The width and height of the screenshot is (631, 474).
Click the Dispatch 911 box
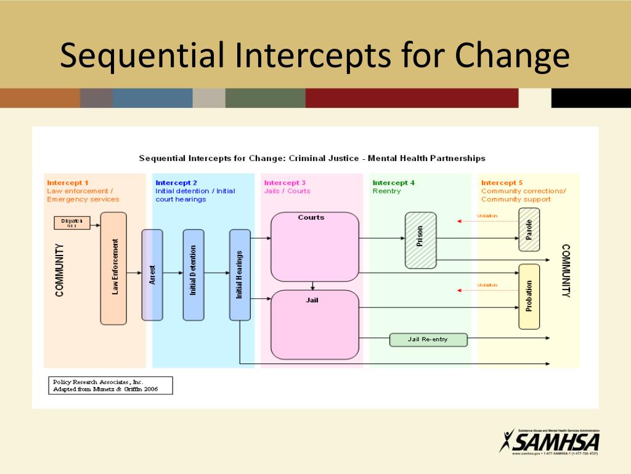point(72,223)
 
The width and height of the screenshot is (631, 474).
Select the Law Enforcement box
point(113,268)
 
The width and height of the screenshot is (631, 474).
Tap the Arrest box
point(152,275)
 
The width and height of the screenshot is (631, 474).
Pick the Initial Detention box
point(193,275)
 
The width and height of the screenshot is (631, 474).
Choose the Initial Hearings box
point(240,275)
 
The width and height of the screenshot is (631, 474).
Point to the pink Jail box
point(314,325)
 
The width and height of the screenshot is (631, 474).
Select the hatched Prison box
point(420,241)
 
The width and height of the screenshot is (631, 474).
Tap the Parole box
point(529,230)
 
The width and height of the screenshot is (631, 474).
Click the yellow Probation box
point(529,296)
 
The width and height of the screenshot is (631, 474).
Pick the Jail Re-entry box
point(428,339)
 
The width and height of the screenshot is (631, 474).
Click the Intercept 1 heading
point(68,183)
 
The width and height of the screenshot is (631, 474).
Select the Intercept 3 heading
point(285,183)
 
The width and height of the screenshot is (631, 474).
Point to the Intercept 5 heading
point(502,183)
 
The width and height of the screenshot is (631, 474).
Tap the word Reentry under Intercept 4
point(386,191)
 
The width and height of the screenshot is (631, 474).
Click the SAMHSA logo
point(549,441)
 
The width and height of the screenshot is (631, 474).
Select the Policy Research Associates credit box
point(110,386)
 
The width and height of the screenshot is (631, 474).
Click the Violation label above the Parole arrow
point(487,216)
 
